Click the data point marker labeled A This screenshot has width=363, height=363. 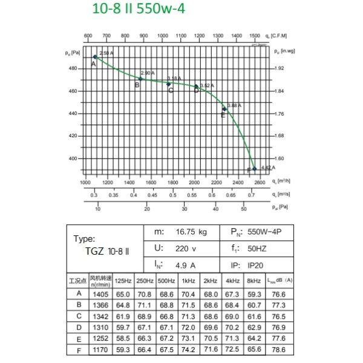[x=95, y=57]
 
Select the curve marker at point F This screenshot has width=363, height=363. [x=254, y=169]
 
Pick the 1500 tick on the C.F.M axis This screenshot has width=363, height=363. [x=255, y=36]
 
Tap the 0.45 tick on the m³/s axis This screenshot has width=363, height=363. [x=152, y=195]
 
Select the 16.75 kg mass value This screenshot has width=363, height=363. [x=191, y=232]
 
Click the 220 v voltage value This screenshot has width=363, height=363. [x=186, y=248]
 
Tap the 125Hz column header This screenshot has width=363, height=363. [x=123, y=281]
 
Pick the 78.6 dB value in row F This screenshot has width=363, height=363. [x=278, y=350]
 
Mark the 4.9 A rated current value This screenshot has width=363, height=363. [x=183, y=264]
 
